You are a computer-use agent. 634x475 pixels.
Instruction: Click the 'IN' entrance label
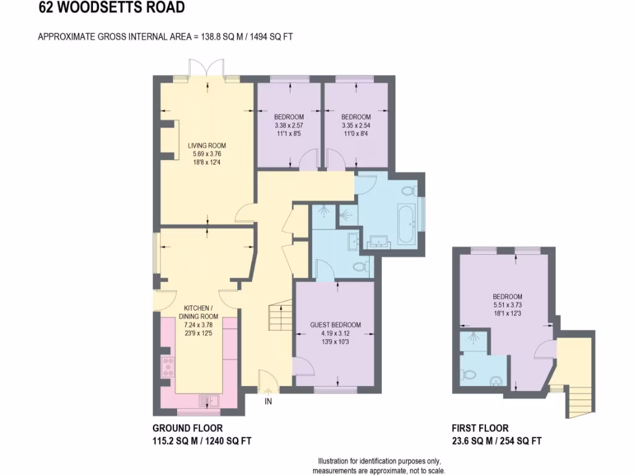click(x=268, y=401)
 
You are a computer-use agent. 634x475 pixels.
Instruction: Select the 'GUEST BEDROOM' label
click(x=335, y=325)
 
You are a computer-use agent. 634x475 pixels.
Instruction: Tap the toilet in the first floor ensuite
click(x=469, y=374)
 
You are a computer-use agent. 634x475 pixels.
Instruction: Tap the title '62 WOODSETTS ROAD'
click(x=111, y=8)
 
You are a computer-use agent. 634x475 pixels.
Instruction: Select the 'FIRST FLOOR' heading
click(x=480, y=428)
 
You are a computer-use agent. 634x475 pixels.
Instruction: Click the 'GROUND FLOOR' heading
click(x=188, y=428)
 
